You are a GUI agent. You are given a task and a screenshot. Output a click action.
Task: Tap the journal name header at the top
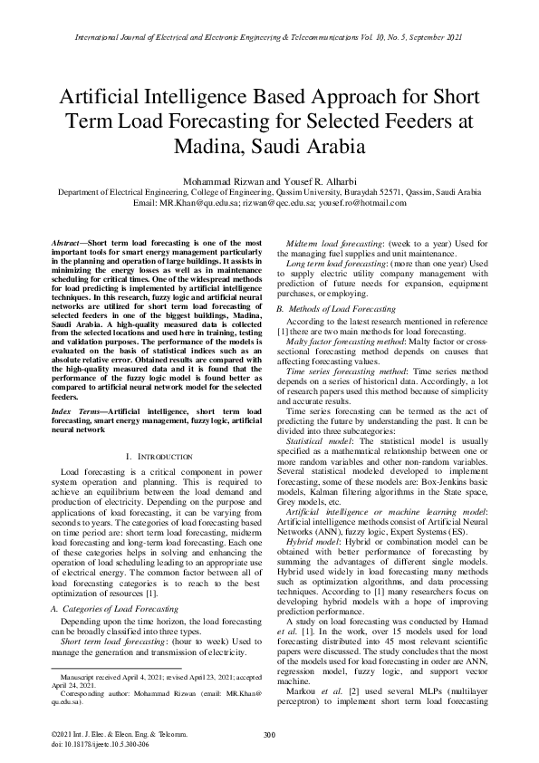(x=269, y=38)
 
